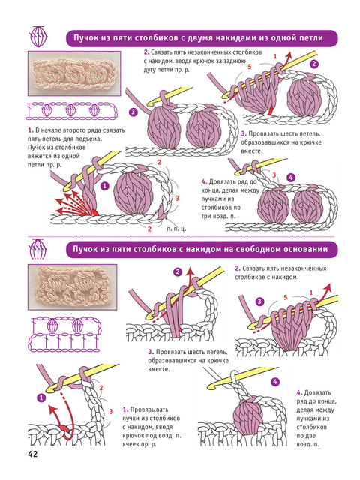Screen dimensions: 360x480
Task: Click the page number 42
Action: click(32, 454)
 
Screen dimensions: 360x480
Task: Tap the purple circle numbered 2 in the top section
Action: click(314, 64)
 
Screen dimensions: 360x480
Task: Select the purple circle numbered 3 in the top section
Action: click(133, 112)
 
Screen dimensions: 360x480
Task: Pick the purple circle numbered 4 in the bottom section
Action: click(275, 382)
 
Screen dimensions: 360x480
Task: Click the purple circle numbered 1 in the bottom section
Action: click(41, 398)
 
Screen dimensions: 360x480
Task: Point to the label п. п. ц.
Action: click(176, 228)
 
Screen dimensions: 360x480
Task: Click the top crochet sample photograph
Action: click(74, 73)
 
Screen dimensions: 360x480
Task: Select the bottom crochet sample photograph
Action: click(73, 286)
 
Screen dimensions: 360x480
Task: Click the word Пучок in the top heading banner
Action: click(85, 38)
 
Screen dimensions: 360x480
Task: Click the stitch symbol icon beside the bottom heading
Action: click(37, 248)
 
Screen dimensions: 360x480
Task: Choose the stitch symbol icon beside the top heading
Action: click(38, 37)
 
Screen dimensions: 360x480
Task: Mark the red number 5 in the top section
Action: click(250, 67)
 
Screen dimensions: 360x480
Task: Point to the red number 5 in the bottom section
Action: click(285, 297)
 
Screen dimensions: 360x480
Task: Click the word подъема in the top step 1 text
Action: click(91, 139)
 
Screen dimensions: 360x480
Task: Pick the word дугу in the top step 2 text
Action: click(149, 70)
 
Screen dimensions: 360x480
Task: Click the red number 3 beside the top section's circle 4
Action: click(274, 175)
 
